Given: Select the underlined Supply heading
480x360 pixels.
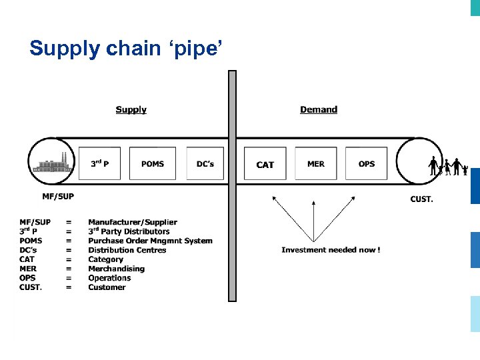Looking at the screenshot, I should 131,110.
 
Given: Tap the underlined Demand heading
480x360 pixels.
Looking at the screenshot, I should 319,110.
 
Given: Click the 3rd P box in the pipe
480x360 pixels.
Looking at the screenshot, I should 99,164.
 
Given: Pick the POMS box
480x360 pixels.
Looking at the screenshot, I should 153,164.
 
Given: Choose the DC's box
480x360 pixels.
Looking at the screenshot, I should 205,164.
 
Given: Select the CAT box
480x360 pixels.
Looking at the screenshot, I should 265,165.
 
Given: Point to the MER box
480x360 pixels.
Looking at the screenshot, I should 316,164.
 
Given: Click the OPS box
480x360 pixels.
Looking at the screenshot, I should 367,164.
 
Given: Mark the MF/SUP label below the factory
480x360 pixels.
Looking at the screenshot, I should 58,197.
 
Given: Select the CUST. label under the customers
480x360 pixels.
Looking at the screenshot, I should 421,199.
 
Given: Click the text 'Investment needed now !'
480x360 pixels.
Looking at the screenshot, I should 331,250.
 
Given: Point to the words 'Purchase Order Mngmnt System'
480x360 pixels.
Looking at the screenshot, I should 150,241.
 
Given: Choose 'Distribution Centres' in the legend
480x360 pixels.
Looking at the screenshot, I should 127,250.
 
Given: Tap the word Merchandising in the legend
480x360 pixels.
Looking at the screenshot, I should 116,269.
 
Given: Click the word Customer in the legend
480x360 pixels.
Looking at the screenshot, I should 107,287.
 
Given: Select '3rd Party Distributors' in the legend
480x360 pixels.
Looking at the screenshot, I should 129,231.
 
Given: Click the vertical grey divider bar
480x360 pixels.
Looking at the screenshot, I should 232,187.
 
